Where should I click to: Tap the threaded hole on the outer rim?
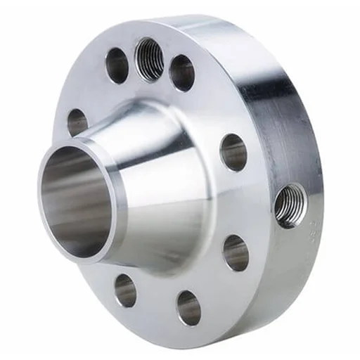289,205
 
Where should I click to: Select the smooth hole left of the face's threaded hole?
117,65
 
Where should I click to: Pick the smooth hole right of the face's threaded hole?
181,72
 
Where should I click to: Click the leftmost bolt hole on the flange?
77,122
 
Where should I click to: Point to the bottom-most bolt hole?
188,307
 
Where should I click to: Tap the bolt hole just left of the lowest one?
125,290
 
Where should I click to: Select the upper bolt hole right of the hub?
233,151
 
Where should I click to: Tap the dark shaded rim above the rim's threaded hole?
281,127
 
